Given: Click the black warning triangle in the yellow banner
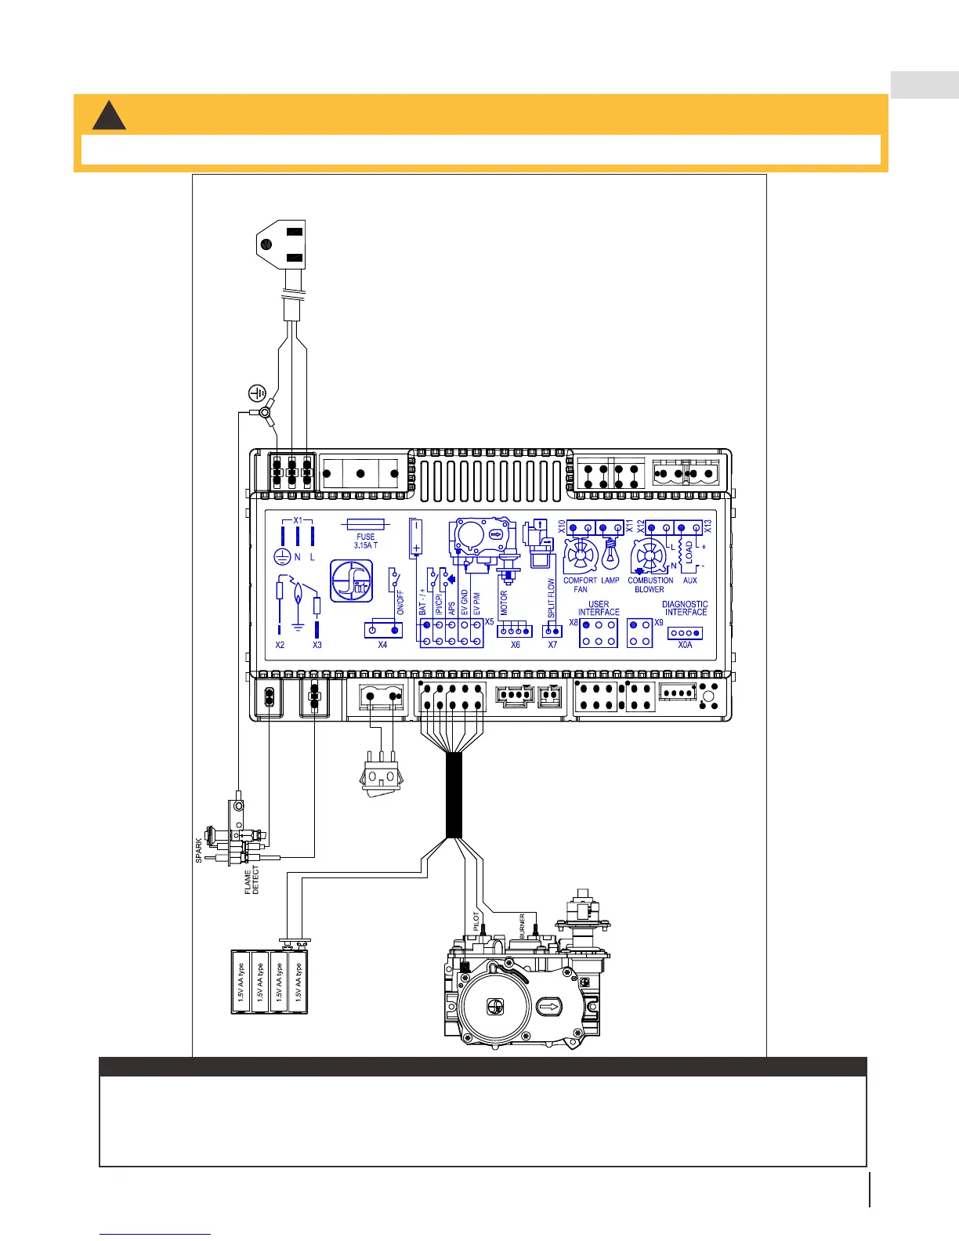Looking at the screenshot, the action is click(x=109, y=115).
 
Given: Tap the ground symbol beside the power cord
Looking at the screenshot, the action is click(x=257, y=393).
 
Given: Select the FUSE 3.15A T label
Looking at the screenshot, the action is click(x=365, y=541).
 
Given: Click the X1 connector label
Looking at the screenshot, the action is click(x=297, y=520).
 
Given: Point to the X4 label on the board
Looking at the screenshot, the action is click(x=382, y=645).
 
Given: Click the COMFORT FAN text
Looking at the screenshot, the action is click(x=581, y=584).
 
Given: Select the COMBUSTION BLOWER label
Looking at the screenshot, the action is click(x=650, y=584).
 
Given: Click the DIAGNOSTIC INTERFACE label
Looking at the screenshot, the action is click(x=685, y=608).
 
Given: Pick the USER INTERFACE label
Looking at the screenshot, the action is click(x=599, y=608).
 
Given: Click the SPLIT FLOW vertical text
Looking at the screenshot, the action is click(x=552, y=599).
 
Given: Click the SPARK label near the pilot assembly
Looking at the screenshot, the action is click(x=199, y=851).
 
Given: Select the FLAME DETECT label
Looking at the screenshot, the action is click(x=252, y=881).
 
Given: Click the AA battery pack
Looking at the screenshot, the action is click(x=270, y=982).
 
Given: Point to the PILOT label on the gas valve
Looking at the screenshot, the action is click(x=476, y=920).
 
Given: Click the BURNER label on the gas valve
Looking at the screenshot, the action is click(x=522, y=926).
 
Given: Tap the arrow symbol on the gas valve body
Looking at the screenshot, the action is click(x=549, y=1006).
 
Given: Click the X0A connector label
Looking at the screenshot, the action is click(x=685, y=645).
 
